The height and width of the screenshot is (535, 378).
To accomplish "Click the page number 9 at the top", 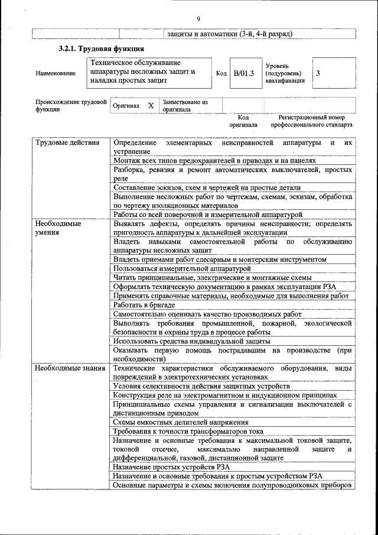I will coord(198,18).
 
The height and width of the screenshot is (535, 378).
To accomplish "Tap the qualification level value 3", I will coord(319,73).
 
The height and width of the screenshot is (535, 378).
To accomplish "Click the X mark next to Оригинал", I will coord(151,106).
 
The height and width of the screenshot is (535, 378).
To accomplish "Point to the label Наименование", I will coord(56,73).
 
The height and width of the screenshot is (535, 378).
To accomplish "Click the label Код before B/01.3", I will coord(221,73).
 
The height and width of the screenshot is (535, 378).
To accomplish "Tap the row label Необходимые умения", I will coord(58,228).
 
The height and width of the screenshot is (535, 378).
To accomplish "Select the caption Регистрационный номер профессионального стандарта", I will coord(311,121).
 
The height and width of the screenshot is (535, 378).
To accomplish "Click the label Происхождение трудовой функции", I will coord(70,106).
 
